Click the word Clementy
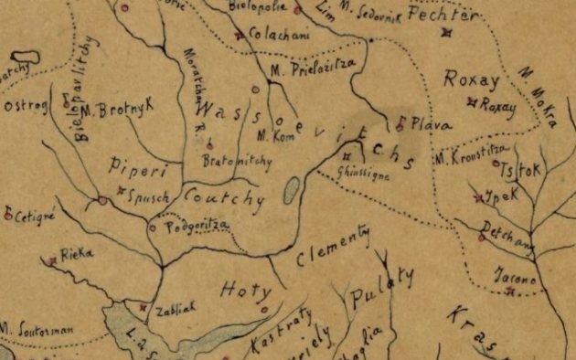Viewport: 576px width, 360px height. click(x=333, y=248)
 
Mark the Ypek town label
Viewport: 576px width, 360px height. click(x=505, y=196)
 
